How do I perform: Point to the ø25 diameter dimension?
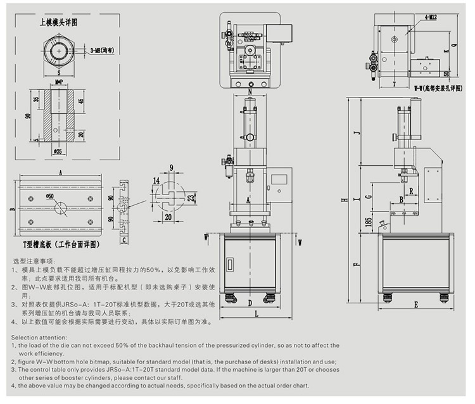point(58,151)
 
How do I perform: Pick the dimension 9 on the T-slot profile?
point(171,168)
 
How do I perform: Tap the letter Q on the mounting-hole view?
point(455,46)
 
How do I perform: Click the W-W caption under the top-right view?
point(431,89)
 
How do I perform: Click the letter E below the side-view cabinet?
point(416,305)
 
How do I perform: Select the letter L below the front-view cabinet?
point(255,313)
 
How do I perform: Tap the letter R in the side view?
point(412,189)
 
